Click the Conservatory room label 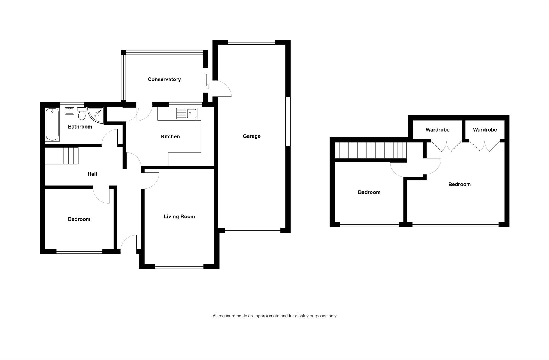[x=164, y=79]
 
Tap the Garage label [x=251, y=136]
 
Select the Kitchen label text [x=170, y=136]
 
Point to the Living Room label [x=179, y=217]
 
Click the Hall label [x=92, y=174]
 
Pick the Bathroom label [x=80, y=127]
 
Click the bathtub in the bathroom [x=52, y=124]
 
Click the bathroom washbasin [x=69, y=111]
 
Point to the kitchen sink [x=187, y=113]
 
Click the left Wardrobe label [x=438, y=130]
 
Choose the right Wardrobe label [x=485, y=130]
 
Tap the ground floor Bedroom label [x=79, y=219]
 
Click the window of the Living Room [x=179, y=266]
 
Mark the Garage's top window [x=251, y=42]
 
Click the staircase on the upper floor [x=371, y=150]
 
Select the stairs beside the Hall [x=61, y=156]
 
